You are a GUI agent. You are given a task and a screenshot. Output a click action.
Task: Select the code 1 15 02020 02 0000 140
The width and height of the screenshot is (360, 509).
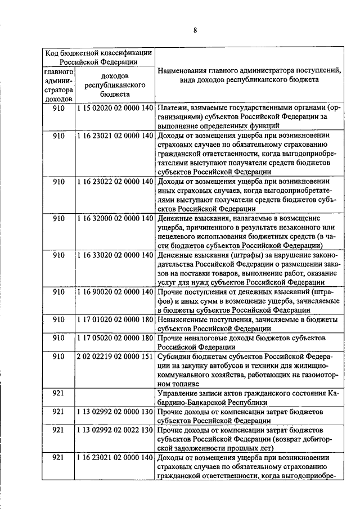[x=114, y=107]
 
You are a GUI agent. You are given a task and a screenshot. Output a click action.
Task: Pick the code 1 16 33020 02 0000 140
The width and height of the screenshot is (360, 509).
[x=114, y=255]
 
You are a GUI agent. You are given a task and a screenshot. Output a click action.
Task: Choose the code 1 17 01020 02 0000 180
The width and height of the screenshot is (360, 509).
[x=114, y=319]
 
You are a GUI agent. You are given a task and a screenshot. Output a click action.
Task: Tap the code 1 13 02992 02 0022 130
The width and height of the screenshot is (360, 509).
[x=114, y=430]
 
